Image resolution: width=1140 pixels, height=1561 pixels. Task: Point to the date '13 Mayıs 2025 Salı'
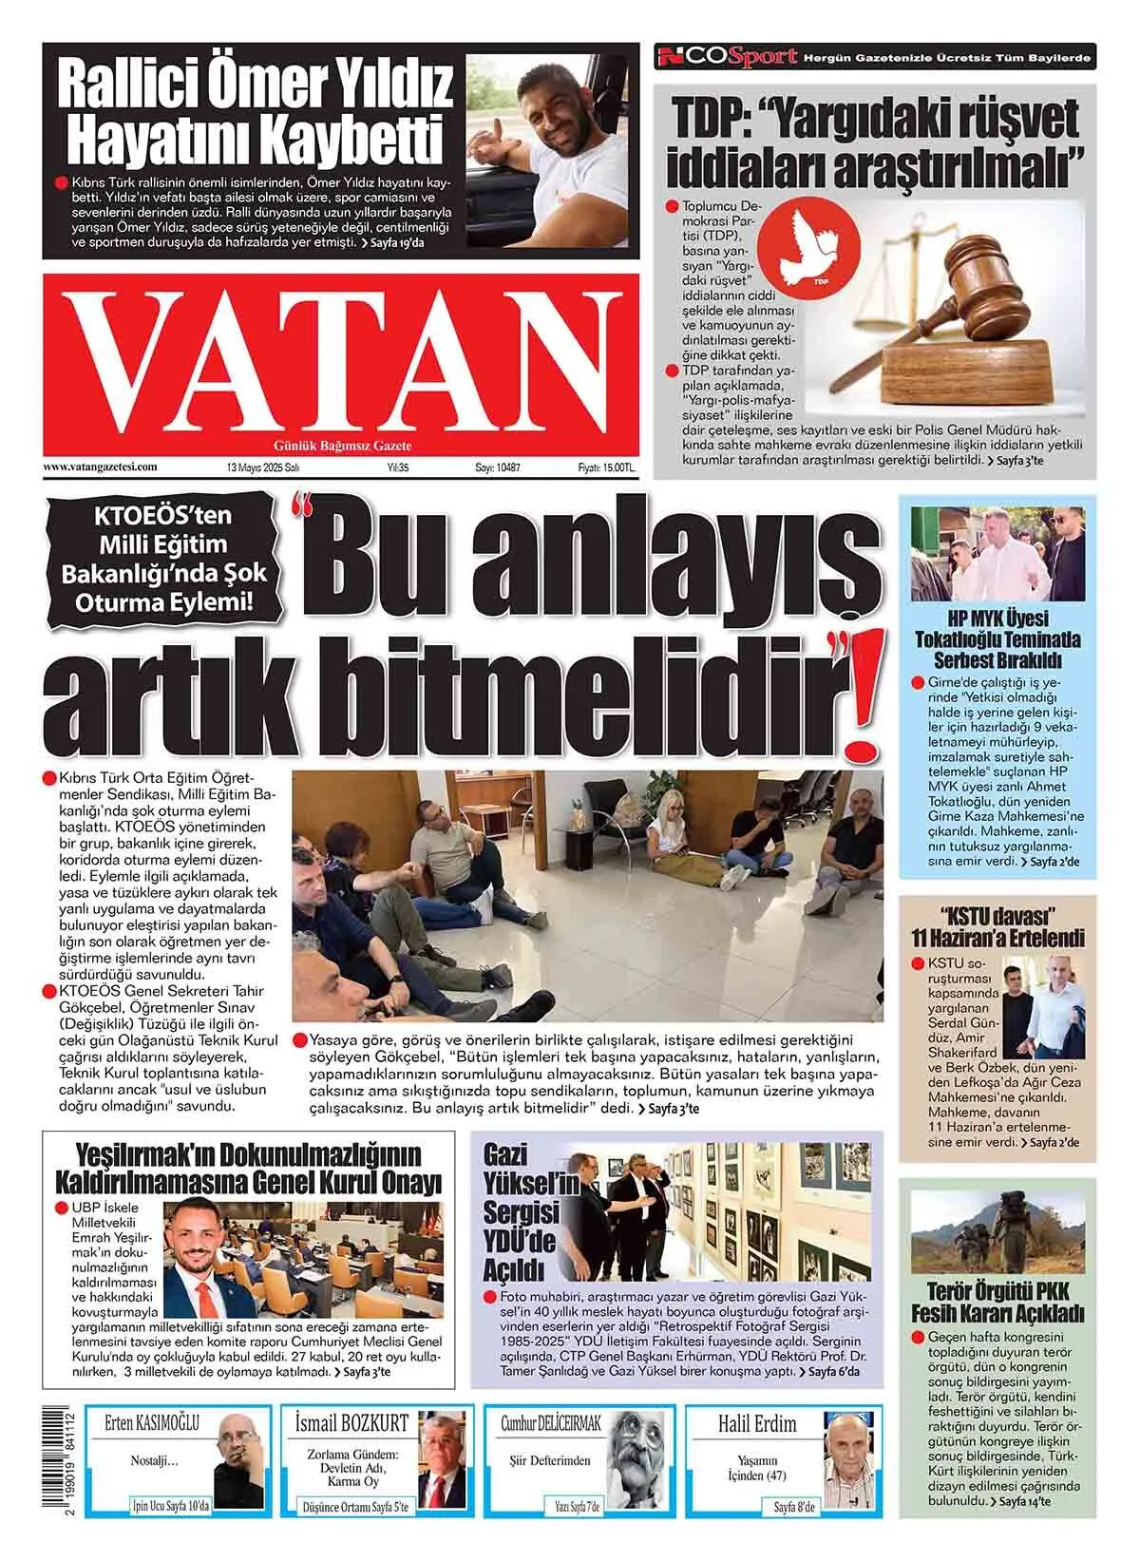[x=263, y=468]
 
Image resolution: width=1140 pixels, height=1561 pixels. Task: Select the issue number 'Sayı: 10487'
[x=498, y=468]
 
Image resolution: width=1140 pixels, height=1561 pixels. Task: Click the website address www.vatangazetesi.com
[x=100, y=467]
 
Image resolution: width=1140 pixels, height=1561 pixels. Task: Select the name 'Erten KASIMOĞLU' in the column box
[x=152, y=1423]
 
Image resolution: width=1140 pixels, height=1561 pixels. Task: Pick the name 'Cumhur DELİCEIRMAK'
[x=551, y=1423]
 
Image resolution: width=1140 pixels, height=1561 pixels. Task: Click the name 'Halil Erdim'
[x=757, y=1423]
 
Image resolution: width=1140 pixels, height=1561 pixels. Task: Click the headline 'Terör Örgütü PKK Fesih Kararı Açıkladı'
[x=997, y=1303]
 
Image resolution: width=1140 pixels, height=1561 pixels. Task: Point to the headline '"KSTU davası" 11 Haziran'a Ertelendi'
[x=997, y=928]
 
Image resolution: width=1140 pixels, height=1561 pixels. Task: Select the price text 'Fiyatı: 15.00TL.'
[x=606, y=468]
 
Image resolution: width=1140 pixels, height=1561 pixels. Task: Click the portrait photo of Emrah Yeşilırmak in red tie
[x=200, y=1259]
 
